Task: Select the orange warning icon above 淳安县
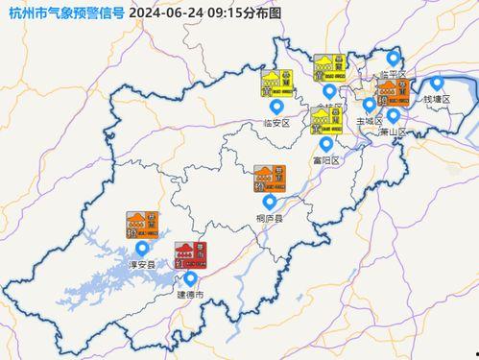(x=140, y=225)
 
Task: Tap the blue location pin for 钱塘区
(x=437, y=84)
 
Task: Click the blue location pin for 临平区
(x=391, y=59)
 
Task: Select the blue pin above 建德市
(x=190, y=279)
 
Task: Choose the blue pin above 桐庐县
(x=270, y=203)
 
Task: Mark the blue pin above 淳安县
(x=142, y=249)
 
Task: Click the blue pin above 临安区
(x=277, y=107)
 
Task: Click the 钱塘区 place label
(x=437, y=99)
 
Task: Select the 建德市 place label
(x=188, y=295)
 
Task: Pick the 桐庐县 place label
(x=270, y=218)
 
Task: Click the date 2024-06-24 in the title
(x=163, y=12)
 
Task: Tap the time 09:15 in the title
(x=221, y=12)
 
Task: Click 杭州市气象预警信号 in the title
(x=63, y=12)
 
